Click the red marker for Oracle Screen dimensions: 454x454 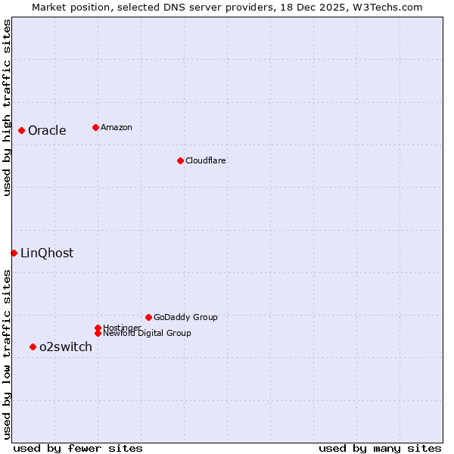pyautogui.click(x=21, y=130)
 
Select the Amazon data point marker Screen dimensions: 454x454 pyautogui.click(x=95, y=127)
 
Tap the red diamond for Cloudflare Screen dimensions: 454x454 pyautogui.click(x=180, y=160)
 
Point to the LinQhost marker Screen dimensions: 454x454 pyautogui.click(x=14, y=253)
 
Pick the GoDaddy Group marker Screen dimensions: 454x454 pyautogui.click(x=148, y=317)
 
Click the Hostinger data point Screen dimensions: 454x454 pyautogui.click(x=98, y=328)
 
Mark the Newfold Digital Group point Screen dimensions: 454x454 pyautogui.click(x=98, y=333)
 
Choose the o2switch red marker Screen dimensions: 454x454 pyautogui.click(x=33, y=347)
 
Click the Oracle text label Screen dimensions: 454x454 pyautogui.click(x=47, y=130)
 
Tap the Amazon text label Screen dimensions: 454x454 pyautogui.click(x=117, y=127)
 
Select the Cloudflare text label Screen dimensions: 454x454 pyautogui.click(x=205, y=160)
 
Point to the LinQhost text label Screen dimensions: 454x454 pyautogui.click(x=47, y=253)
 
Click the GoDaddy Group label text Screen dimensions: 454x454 pyautogui.click(x=185, y=317)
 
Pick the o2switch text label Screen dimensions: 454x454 pyautogui.click(x=66, y=347)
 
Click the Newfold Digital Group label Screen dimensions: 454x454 pyautogui.click(x=147, y=334)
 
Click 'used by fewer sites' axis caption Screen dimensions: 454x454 pyautogui.click(x=78, y=448)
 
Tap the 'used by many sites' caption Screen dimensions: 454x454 pyautogui.click(x=380, y=448)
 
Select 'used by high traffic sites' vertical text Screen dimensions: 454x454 pyautogui.click(x=7, y=107)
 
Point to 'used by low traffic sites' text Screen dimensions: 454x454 pyautogui.click(x=7, y=354)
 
